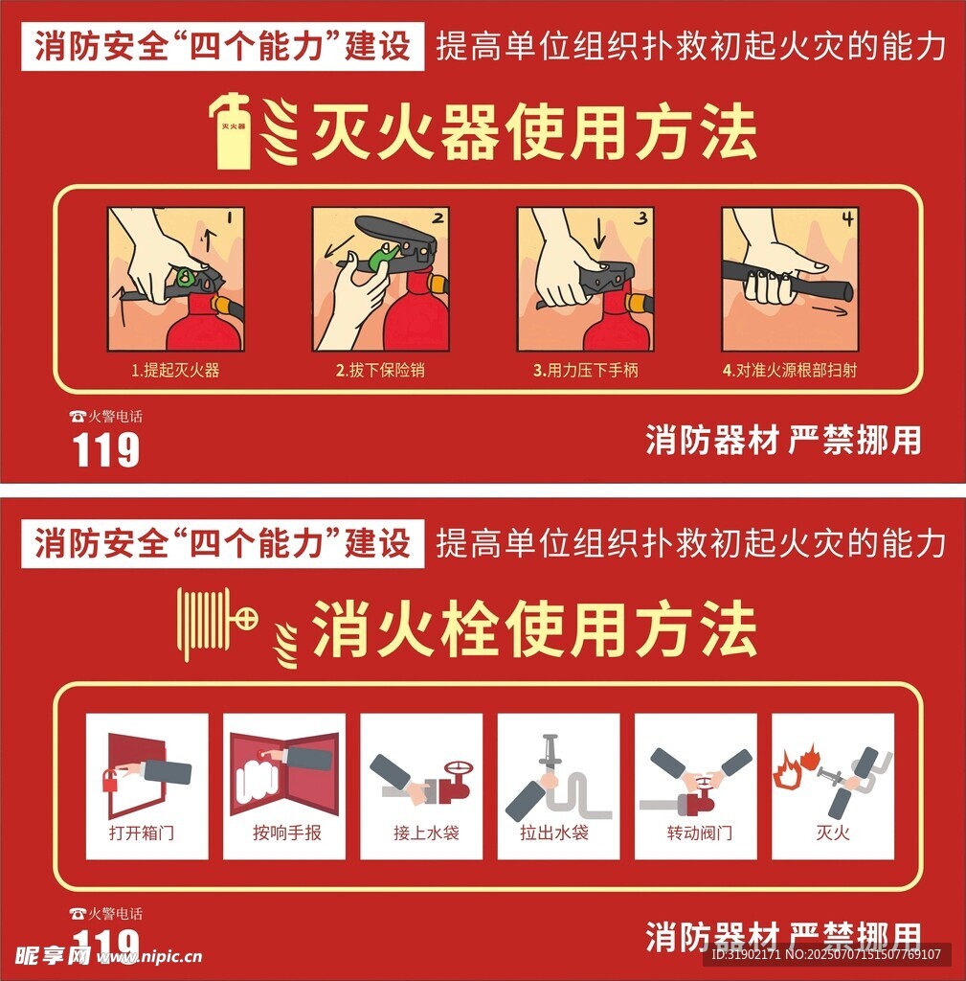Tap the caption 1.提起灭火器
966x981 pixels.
coord(175,371)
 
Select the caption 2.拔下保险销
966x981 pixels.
coord(380,371)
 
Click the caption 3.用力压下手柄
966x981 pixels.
coord(585,371)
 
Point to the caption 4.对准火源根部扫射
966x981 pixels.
coord(790,371)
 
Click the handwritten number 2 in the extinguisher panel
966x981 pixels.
coord(438,217)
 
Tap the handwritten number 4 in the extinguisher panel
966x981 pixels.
coord(847,219)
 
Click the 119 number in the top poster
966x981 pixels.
coord(105,449)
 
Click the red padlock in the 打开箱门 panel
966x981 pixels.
coord(111,781)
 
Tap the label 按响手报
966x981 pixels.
coord(287,833)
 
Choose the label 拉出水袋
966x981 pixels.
coord(554,833)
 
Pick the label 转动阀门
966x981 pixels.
coord(699,833)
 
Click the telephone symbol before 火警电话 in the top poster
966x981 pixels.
coord(78,417)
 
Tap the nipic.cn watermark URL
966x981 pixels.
coord(149,957)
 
